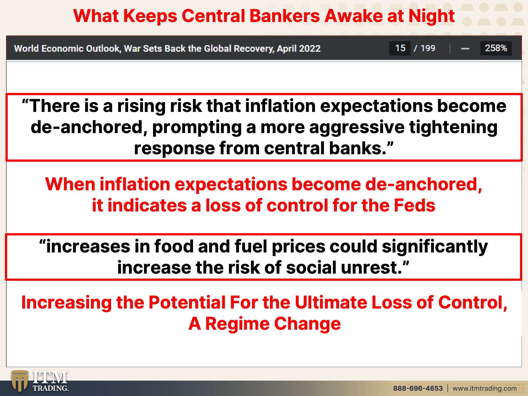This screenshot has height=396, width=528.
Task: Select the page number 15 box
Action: (x=400, y=48)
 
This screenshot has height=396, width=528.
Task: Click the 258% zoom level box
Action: (x=496, y=48)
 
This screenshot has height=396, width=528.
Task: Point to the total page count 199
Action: (x=428, y=48)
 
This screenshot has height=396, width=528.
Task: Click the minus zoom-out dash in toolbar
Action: (x=465, y=49)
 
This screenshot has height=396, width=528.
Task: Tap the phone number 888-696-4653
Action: (x=418, y=388)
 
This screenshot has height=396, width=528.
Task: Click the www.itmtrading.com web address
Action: (x=485, y=388)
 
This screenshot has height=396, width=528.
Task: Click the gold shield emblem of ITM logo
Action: (x=20, y=381)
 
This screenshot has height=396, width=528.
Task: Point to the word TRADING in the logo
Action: (x=51, y=388)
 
